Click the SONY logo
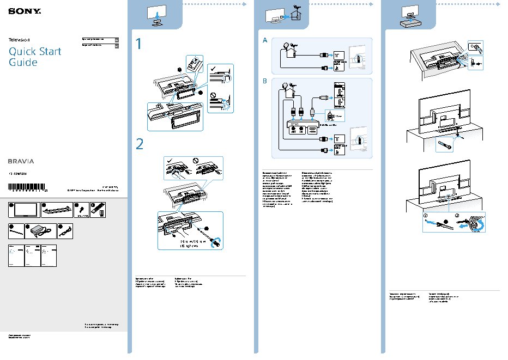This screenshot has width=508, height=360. [19, 10]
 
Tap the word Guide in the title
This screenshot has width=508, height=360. [23, 62]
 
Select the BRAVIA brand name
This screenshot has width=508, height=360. [21, 161]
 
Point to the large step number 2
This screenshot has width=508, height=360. [140, 144]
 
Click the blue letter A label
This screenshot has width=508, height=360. [265, 41]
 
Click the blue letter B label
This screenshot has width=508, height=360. [265, 81]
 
